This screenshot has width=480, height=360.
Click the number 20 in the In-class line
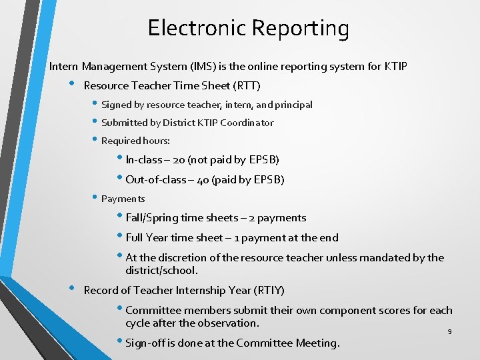click(178, 160)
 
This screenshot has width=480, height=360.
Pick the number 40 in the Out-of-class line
click(203, 180)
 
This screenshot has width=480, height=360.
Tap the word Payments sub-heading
click(123, 199)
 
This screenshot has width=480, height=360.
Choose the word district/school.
click(161, 271)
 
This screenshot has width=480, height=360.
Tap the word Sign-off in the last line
click(147, 343)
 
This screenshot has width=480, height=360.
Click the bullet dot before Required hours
click(95, 140)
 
